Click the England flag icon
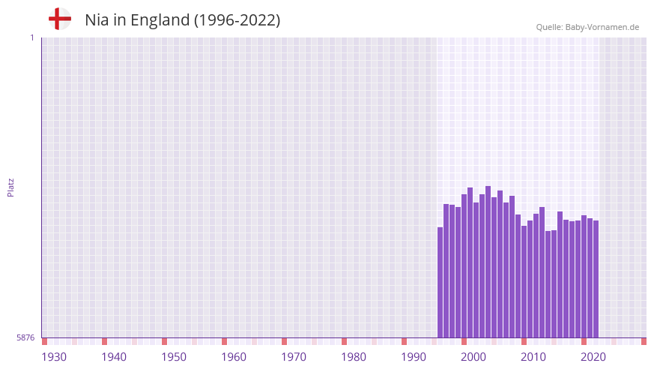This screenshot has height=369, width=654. [60, 19]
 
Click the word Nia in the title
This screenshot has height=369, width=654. [97, 20]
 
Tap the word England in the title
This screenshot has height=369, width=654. [160, 20]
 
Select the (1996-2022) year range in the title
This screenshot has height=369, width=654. [237, 20]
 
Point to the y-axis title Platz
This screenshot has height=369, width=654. [10, 187]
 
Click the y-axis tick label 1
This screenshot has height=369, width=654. [31, 37]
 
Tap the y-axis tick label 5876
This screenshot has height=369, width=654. [25, 338]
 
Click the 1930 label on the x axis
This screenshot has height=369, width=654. [54, 357]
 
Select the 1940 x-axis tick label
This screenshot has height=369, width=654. [114, 357]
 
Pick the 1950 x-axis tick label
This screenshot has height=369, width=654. [174, 357]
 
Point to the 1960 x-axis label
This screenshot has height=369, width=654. [234, 357]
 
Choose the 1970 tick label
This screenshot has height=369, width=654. [294, 357]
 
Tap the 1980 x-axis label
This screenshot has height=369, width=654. [354, 357]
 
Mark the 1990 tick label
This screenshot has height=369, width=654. [414, 357]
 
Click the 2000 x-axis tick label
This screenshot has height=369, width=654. [473, 357]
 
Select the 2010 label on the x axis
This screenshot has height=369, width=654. [533, 357]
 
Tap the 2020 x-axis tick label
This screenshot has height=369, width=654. [593, 357]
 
